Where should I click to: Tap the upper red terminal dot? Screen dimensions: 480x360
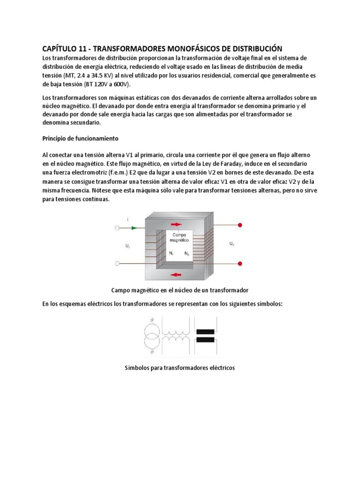[240, 225]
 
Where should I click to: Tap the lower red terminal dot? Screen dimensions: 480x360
[240, 263]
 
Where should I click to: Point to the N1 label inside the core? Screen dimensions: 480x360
[172, 253]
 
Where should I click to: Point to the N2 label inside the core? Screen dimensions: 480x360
[187, 253]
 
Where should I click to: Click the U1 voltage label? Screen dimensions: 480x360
[127, 246]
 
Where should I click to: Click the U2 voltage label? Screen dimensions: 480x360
[232, 244]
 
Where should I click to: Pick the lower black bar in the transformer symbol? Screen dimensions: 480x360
[205, 340]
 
